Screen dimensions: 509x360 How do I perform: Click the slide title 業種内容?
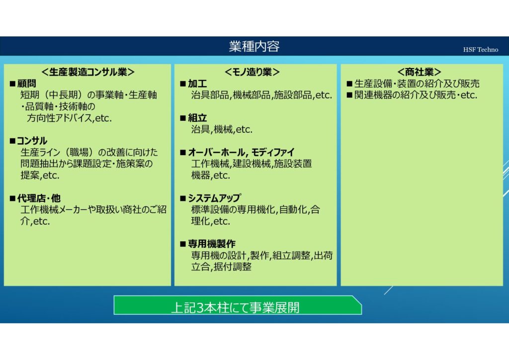(254, 46)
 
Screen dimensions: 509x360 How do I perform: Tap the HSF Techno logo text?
(481, 50)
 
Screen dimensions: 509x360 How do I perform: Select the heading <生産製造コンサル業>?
(87, 72)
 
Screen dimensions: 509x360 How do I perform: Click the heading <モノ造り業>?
(252, 72)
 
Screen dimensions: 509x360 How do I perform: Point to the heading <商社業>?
(419, 72)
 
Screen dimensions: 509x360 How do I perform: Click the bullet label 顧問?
(26, 84)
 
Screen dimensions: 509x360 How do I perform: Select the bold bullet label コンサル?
(32, 141)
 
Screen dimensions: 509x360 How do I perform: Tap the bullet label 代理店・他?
(39, 198)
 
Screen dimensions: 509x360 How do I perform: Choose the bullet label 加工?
(197, 84)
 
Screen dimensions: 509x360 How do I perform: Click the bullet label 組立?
(197, 118)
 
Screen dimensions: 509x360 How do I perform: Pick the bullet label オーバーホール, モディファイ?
(241, 152)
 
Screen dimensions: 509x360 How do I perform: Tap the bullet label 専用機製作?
(212, 244)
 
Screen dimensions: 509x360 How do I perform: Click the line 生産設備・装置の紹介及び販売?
(417, 84)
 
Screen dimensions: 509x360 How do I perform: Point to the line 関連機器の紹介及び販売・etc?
(416, 95)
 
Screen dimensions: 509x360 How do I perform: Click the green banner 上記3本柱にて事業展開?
(238, 305)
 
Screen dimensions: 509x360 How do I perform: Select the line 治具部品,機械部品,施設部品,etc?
(261, 95)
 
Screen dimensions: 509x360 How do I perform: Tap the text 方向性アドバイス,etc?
(69, 118)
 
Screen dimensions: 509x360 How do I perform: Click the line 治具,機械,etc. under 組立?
(222, 129)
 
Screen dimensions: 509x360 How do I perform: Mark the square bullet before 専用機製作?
(183, 244)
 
